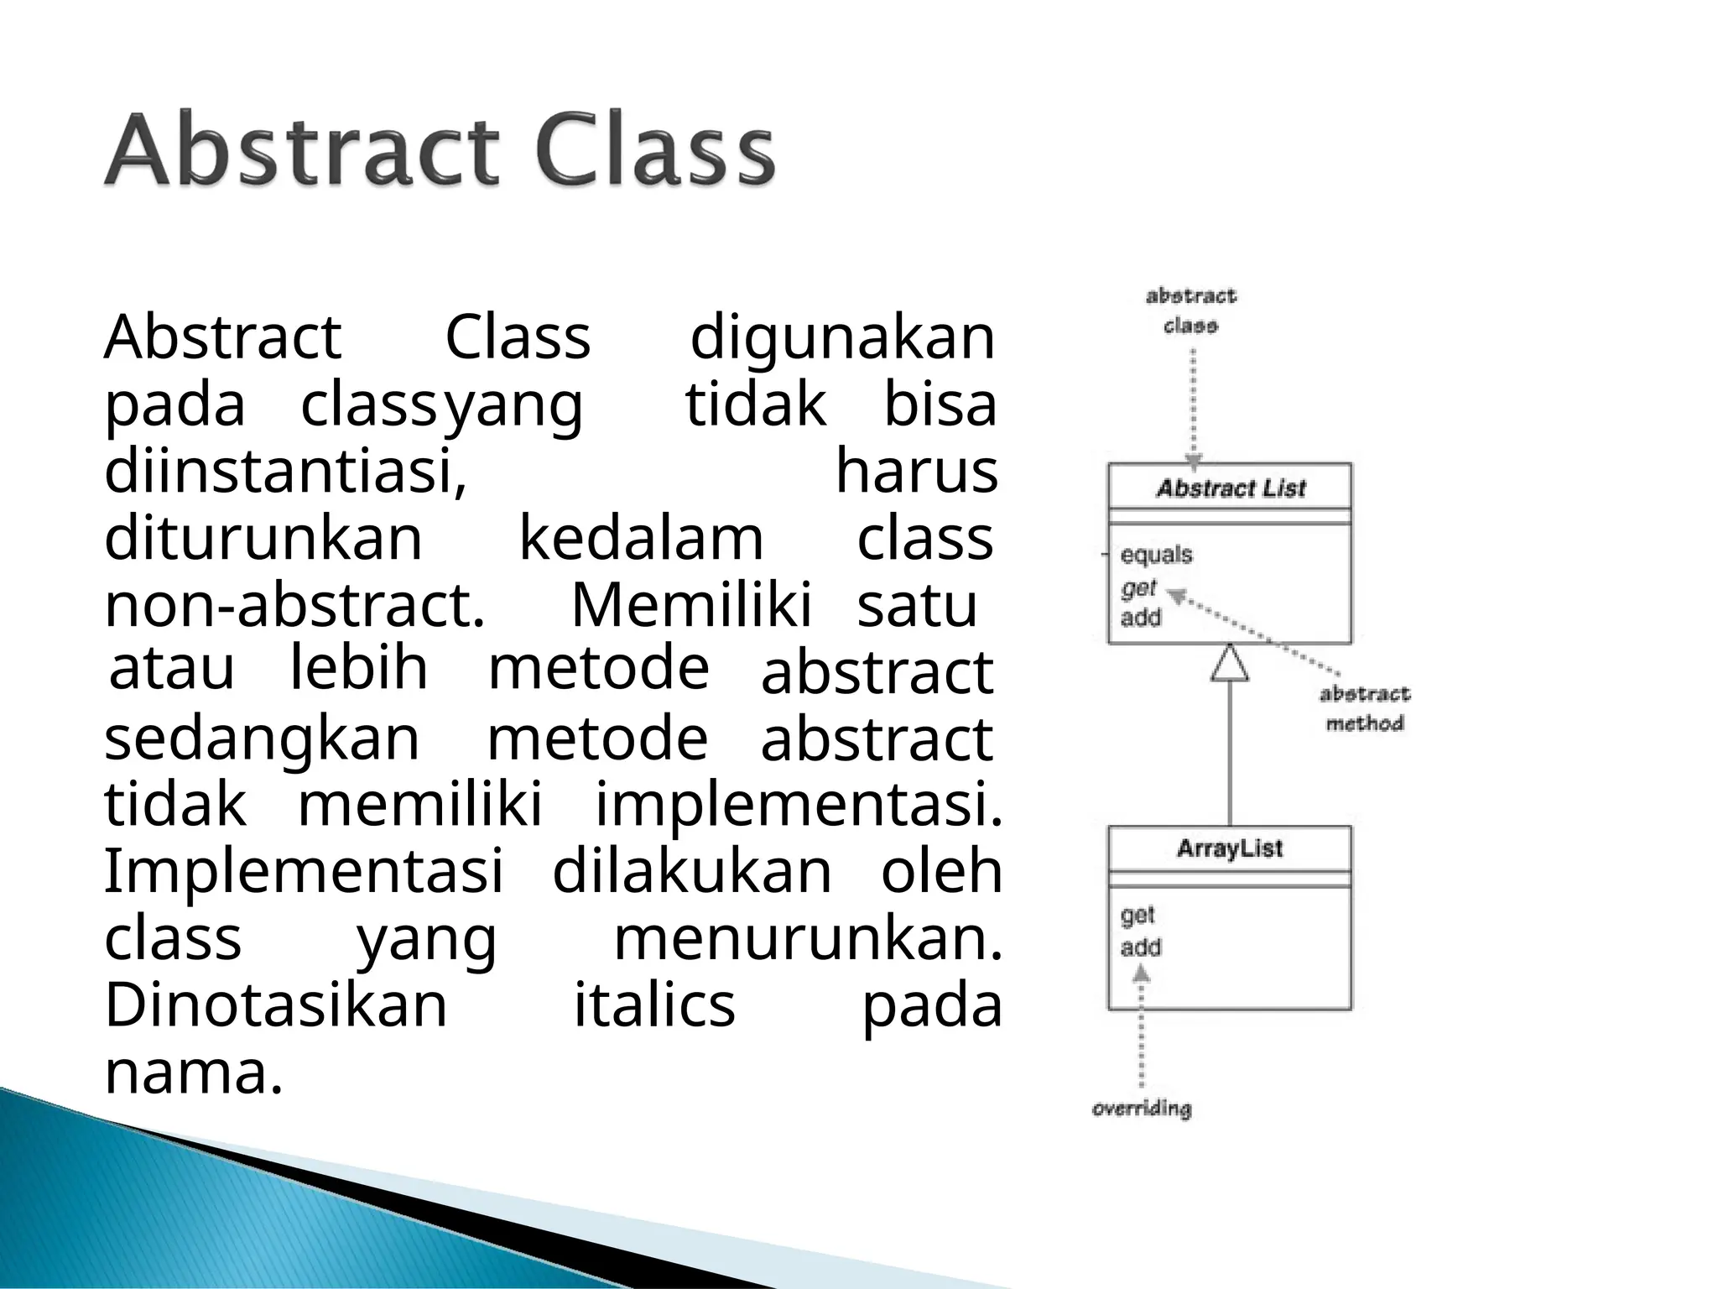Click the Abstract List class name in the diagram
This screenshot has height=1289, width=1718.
pyautogui.click(x=1230, y=488)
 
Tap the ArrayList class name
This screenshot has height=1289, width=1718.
pyautogui.click(x=1229, y=848)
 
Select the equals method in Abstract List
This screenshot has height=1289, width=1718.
pyautogui.click(x=1156, y=555)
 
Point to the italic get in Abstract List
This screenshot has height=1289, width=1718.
pyautogui.click(x=1138, y=588)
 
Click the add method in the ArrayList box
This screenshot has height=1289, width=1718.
pyautogui.click(x=1141, y=947)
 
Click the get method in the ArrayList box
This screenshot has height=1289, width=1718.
pyautogui.click(x=1138, y=916)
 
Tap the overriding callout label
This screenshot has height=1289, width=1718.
pyautogui.click(x=1141, y=1109)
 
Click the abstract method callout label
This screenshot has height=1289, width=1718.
pyautogui.click(x=1364, y=708)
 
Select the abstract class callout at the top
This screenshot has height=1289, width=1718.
pyautogui.click(x=1190, y=311)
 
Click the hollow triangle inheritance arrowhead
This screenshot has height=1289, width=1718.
pyautogui.click(x=1230, y=663)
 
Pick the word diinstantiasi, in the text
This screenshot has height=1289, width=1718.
pyautogui.click(x=285, y=472)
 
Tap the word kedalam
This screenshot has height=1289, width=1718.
pyautogui.click(x=641, y=539)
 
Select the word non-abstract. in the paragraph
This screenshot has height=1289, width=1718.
pyautogui.click(x=294, y=606)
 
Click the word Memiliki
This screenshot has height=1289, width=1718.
pyautogui.click(x=691, y=606)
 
